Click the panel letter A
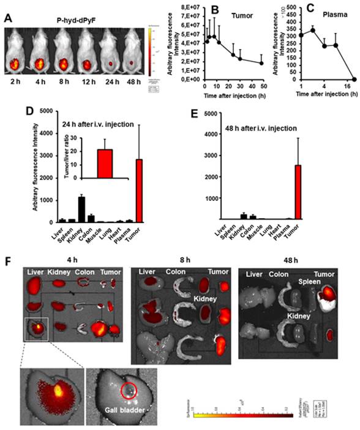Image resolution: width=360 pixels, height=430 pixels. pyautogui.click(x=9, y=18)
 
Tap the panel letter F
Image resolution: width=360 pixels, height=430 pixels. pyautogui.click(x=8, y=261)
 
